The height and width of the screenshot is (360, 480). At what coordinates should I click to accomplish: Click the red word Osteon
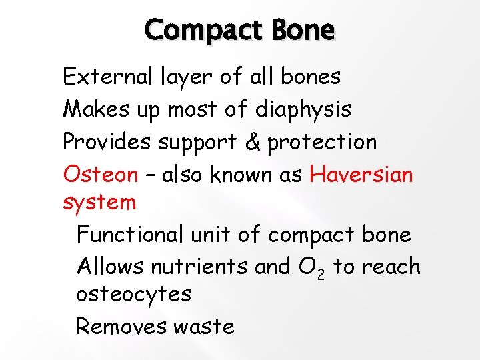click(x=100, y=175)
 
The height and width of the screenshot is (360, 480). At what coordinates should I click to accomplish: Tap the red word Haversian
click(x=361, y=175)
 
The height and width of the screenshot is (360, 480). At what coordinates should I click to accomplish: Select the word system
click(x=99, y=202)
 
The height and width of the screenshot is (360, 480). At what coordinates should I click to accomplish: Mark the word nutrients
click(x=200, y=267)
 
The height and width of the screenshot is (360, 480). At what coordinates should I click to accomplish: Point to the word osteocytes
click(x=133, y=294)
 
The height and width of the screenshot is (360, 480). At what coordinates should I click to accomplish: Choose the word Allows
click(x=110, y=267)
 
